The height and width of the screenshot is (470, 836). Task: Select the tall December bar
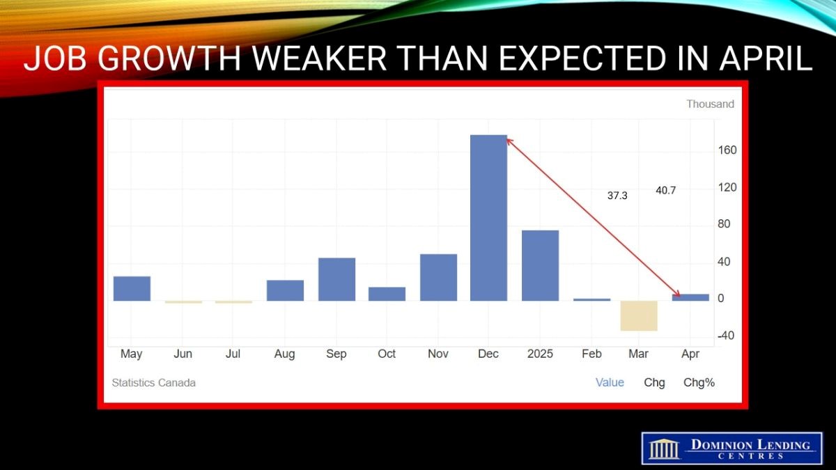point(488,218)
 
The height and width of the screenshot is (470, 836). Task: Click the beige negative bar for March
point(639,315)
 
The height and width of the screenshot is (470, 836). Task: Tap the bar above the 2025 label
point(540,265)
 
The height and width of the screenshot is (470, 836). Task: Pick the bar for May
point(132,289)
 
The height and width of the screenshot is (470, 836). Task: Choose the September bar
point(336,279)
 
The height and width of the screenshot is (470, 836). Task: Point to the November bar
point(438,278)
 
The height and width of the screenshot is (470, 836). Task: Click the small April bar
point(690,297)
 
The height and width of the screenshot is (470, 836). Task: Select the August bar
point(285,290)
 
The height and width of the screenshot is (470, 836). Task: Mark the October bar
point(387,294)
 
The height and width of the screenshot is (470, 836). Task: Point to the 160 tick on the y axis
point(727,150)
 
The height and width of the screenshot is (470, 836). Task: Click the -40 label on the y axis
point(726,336)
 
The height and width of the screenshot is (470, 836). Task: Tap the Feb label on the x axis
point(591,354)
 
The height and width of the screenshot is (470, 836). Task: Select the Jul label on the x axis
point(233,354)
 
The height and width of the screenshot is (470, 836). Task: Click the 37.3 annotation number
point(617,196)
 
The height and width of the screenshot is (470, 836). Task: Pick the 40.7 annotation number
point(666,191)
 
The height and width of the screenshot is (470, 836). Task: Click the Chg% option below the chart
point(699,383)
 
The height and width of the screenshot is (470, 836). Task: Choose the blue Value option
point(610,383)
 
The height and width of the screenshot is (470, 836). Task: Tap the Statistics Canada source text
point(154,383)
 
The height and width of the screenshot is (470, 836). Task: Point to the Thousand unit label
point(710,104)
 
